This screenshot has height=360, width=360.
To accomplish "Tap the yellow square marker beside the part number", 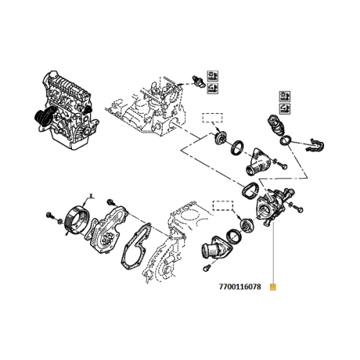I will [x=272, y=286].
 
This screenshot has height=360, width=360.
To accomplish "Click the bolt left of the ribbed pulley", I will [x=49, y=215].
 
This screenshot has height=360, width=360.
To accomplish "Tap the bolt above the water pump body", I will [x=110, y=202].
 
